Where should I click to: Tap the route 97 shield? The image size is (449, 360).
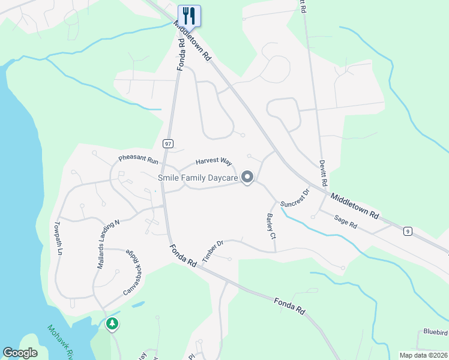[x=167, y=143]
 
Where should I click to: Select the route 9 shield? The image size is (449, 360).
[x=408, y=231]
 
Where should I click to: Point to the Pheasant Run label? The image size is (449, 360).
[x=138, y=161]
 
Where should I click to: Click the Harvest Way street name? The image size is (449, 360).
[x=214, y=161]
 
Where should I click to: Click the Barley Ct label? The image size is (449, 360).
[x=271, y=226]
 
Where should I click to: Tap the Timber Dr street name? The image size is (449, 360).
[x=213, y=248]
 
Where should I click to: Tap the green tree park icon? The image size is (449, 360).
[x=112, y=324]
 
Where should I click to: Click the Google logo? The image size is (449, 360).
[x=20, y=353]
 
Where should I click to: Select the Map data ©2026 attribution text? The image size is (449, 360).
[x=423, y=355]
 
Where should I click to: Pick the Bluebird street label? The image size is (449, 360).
[x=435, y=331]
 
